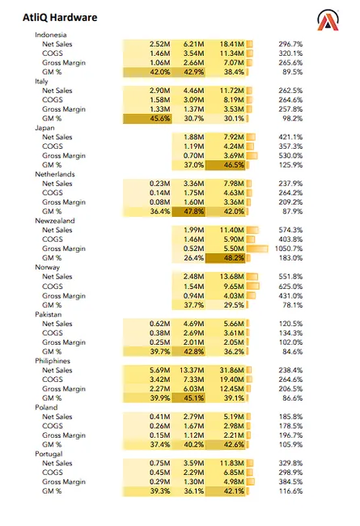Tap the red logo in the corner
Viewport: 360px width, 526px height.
[x=328, y=21]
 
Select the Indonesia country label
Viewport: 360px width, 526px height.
[x=51, y=35]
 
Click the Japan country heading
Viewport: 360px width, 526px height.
[x=45, y=128]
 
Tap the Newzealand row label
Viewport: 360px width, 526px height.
[x=54, y=220]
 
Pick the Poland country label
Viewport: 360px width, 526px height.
[x=46, y=406]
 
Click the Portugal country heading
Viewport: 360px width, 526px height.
[x=49, y=453]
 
